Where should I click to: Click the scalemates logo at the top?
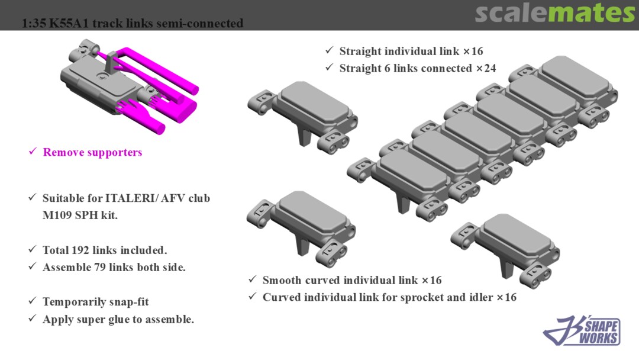pos(554,14)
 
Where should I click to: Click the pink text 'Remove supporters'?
pos(92,153)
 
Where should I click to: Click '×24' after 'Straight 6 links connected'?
pos(486,69)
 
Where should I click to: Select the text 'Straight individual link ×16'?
pos(411,52)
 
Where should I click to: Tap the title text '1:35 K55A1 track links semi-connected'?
pos(133,24)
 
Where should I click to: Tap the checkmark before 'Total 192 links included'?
pos(33,250)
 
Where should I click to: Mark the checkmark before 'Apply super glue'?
pos(33,320)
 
